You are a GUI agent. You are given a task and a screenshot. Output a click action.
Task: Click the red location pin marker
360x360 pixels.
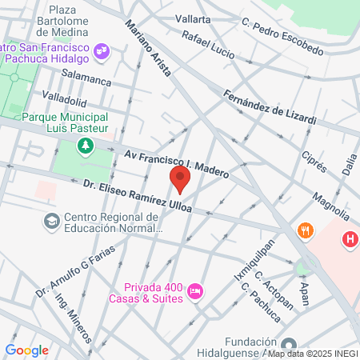coord(180,179)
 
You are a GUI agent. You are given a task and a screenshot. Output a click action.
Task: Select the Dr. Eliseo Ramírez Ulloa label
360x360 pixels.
coord(138,196)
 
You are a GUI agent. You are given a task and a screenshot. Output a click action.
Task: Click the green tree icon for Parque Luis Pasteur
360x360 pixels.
coord(85,146)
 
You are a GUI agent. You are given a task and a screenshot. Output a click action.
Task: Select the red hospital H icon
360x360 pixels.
coord(349,238)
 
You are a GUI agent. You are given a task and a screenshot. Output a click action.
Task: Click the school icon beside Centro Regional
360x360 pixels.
coord(51,221)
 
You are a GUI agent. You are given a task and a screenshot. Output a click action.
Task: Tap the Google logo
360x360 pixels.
coord(26,350)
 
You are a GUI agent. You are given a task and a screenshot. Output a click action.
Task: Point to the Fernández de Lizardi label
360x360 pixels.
coord(270,107)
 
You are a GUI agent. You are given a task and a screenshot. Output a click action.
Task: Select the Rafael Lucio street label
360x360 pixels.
coord(208,46)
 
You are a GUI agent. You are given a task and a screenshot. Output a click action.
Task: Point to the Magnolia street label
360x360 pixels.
coord(331,204)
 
